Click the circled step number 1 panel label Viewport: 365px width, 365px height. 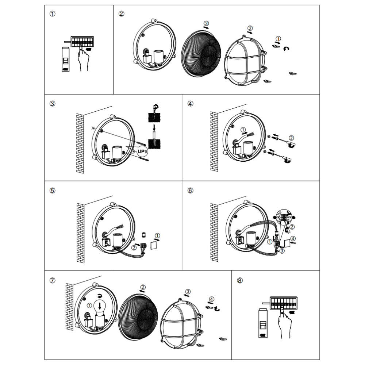click(x=53, y=14)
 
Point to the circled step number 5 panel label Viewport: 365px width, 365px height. click(x=53, y=191)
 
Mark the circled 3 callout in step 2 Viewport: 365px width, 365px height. click(x=207, y=23)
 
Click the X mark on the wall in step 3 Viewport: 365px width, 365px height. click(x=93, y=128)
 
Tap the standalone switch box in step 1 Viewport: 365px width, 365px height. click(x=66, y=61)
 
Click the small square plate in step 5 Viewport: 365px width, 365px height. click(x=154, y=244)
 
